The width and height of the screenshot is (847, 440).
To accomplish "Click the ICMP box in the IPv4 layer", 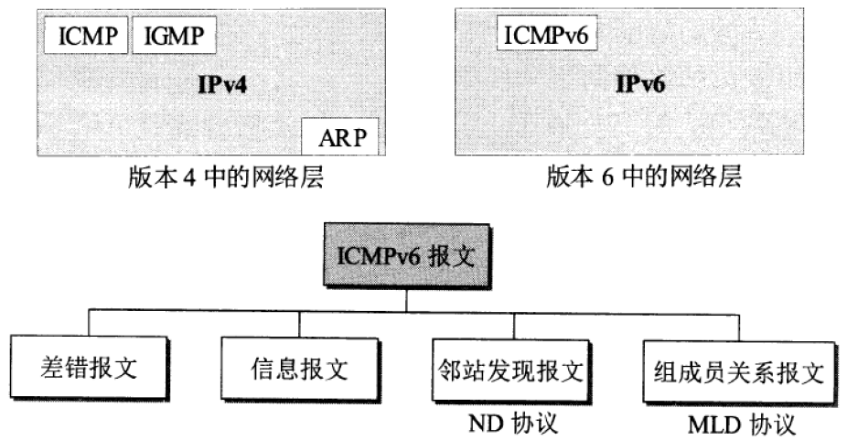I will (x=86, y=38).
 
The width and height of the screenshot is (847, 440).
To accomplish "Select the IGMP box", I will (x=175, y=38).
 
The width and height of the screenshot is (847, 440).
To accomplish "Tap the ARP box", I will (x=340, y=139).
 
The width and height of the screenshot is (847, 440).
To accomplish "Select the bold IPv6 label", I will (x=640, y=86).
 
